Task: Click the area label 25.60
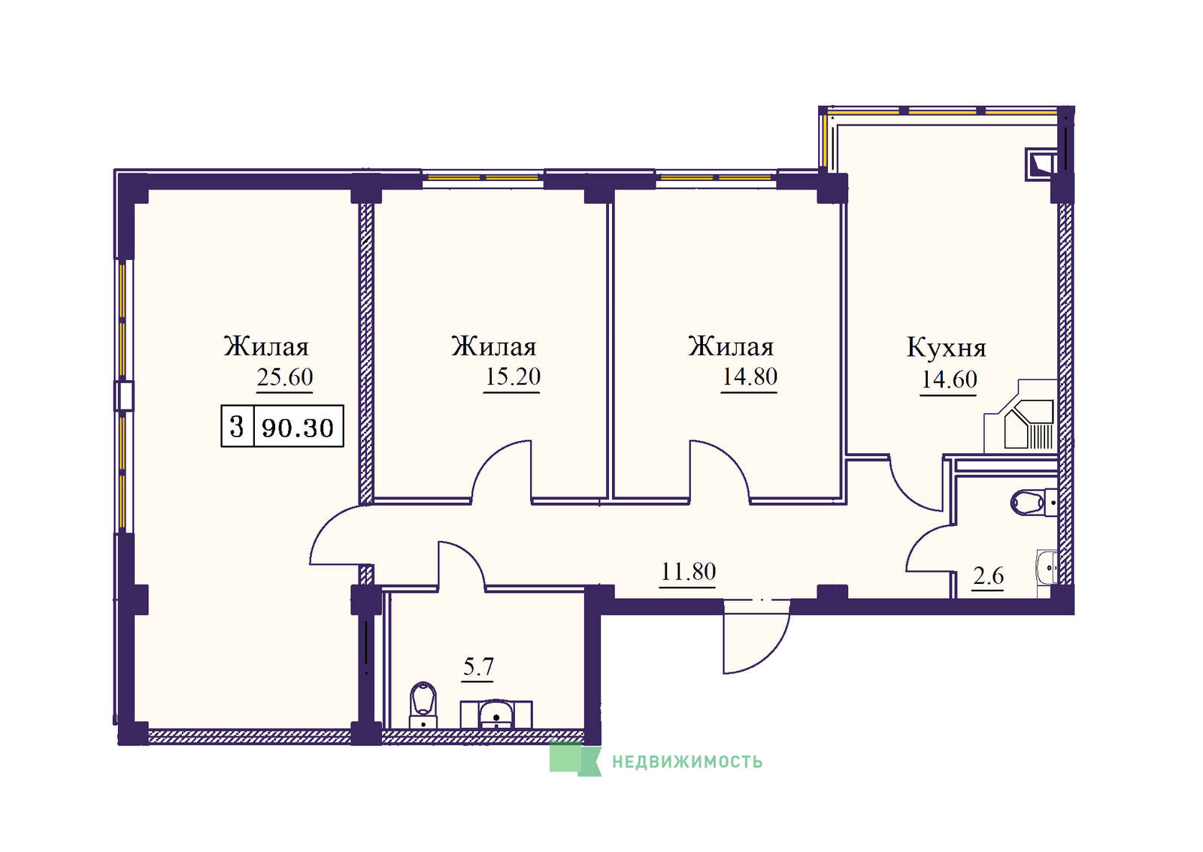coord(285,377)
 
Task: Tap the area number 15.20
coord(512,376)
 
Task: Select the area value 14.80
coord(749,376)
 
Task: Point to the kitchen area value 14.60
coord(949,379)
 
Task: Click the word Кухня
coord(947,348)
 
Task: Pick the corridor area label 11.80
coord(688,572)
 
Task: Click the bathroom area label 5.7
coord(478,667)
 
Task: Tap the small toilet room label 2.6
coord(988,576)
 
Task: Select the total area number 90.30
coord(298,428)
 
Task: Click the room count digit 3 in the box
coord(237,427)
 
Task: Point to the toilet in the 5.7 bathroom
coord(423,705)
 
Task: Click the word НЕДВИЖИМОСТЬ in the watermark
coord(687,762)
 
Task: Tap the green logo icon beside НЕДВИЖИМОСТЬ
coord(574,758)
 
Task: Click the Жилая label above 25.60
coord(266,346)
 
